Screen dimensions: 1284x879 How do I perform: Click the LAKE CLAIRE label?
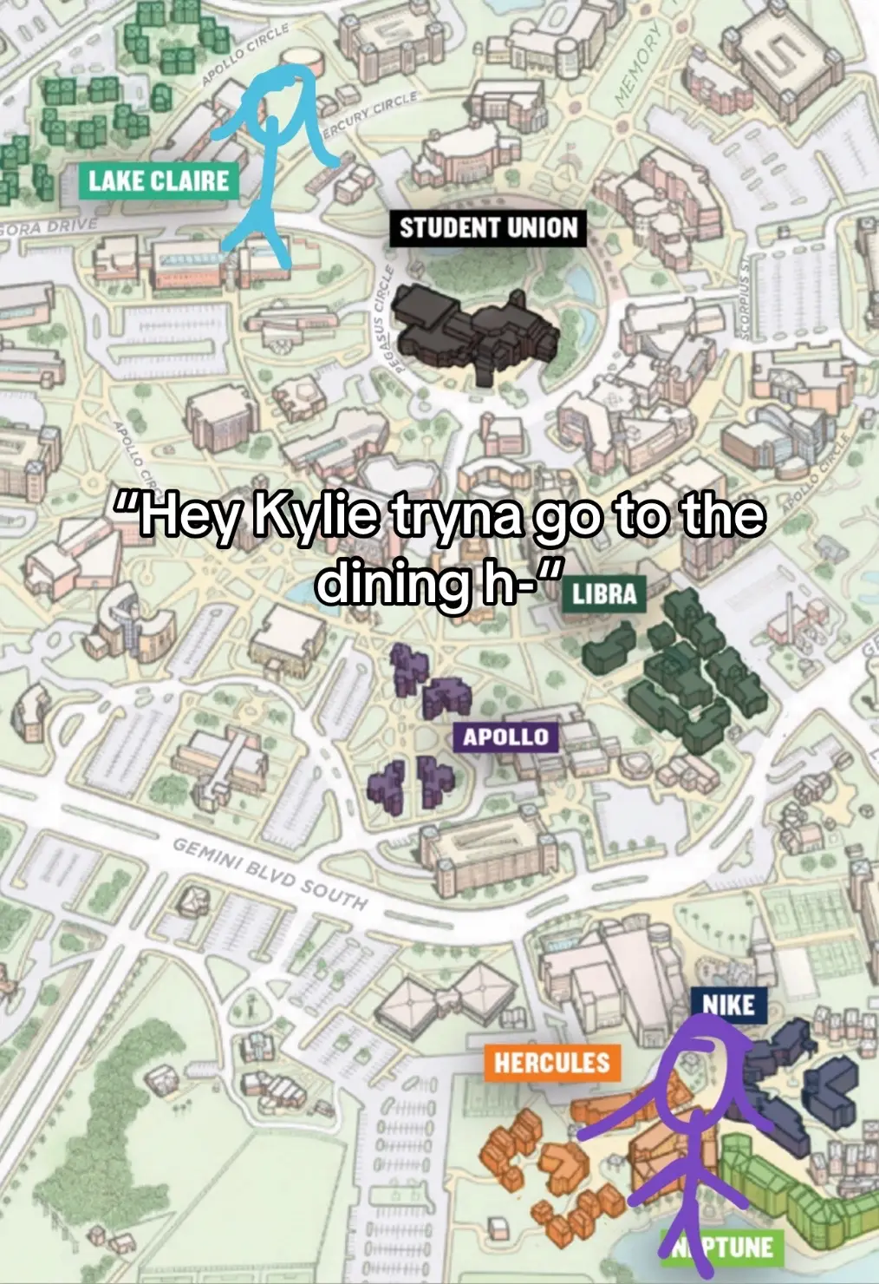[x=159, y=181]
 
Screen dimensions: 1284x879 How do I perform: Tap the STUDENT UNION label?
[x=487, y=228]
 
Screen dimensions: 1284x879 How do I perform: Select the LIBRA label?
[x=604, y=594]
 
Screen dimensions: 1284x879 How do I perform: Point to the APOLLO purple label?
[x=505, y=737]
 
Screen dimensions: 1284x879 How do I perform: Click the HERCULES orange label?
[x=551, y=1063]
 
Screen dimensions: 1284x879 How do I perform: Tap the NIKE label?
[x=728, y=1005]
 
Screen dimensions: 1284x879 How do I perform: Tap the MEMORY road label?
[x=638, y=66]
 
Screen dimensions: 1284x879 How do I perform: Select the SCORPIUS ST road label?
[x=745, y=296]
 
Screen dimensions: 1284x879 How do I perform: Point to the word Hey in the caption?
[x=182, y=517]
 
